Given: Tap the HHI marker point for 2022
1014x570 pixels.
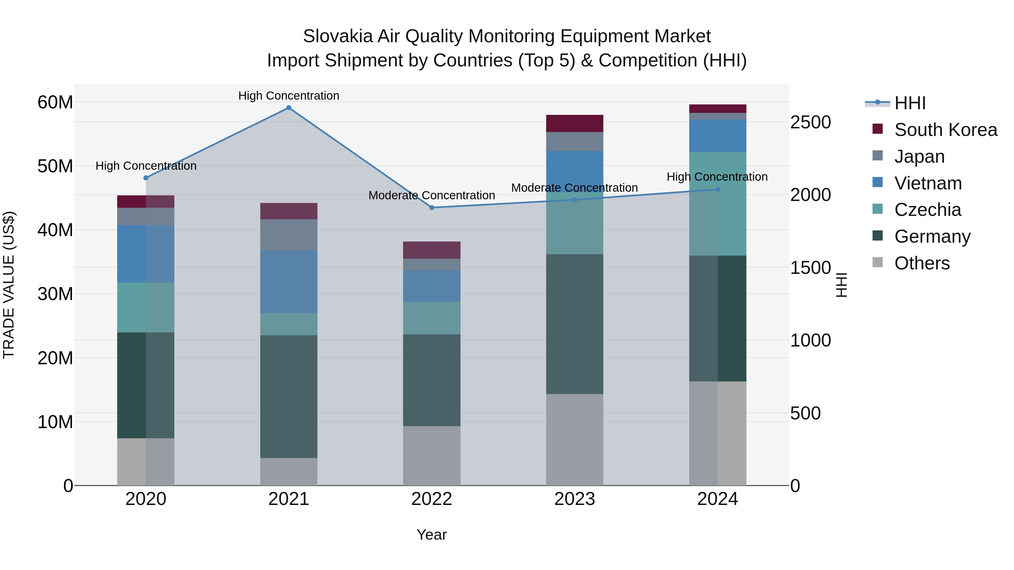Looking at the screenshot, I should [432, 208].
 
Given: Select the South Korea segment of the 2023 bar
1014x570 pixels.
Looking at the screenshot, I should [574, 124].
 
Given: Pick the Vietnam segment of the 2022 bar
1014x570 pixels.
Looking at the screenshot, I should [432, 286].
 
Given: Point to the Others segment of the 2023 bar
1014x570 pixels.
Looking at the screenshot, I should [574, 439].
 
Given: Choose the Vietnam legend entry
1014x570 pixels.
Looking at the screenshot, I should [928, 183].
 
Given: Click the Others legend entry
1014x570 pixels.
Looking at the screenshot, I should [922, 263].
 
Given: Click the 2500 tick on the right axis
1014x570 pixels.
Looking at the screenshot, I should [810, 122].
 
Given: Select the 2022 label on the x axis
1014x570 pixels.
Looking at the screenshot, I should [432, 499].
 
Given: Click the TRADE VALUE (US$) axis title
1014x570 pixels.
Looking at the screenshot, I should [9, 285].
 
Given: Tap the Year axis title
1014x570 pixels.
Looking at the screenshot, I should [432, 535].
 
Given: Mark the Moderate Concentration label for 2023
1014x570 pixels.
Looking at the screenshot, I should [574, 188].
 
